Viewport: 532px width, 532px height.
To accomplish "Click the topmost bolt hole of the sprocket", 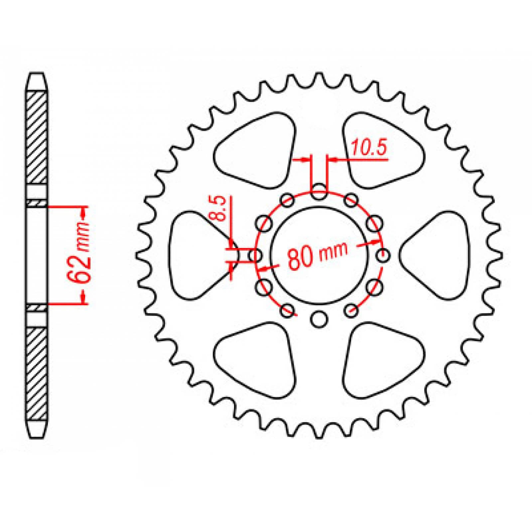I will [x=319, y=192].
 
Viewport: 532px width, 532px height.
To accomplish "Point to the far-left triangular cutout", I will [x=196, y=255].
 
